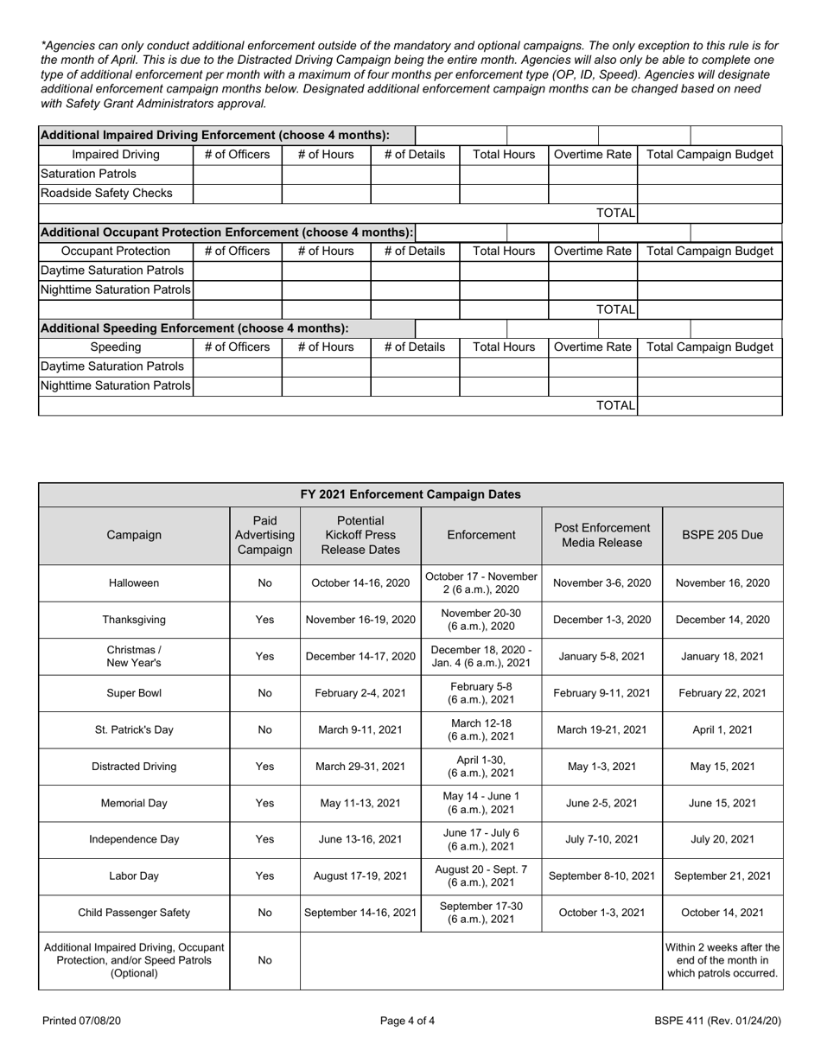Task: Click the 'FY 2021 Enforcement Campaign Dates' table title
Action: tap(410, 494)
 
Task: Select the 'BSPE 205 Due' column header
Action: tap(722, 535)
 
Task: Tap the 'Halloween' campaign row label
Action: tap(134, 583)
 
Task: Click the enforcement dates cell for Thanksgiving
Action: tap(481, 620)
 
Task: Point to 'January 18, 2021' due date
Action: tap(722, 656)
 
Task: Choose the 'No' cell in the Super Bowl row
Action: tap(264, 693)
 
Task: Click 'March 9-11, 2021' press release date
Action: tap(360, 729)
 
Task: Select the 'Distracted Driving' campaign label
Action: tap(134, 767)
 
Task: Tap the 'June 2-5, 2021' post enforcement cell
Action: tap(601, 803)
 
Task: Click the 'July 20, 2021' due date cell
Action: tap(722, 839)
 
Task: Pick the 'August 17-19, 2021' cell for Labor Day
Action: tap(360, 875)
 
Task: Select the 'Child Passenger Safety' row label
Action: tap(134, 913)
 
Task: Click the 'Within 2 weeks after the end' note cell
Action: tap(722, 960)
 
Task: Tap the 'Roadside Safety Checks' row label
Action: tap(106, 194)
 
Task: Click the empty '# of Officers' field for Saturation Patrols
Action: tap(237, 175)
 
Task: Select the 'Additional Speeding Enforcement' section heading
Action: tap(194, 328)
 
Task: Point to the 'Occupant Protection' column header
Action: tap(116, 251)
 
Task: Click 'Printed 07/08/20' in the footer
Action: tap(81, 1021)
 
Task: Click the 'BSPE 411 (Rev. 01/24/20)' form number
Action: tap(717, 1021)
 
